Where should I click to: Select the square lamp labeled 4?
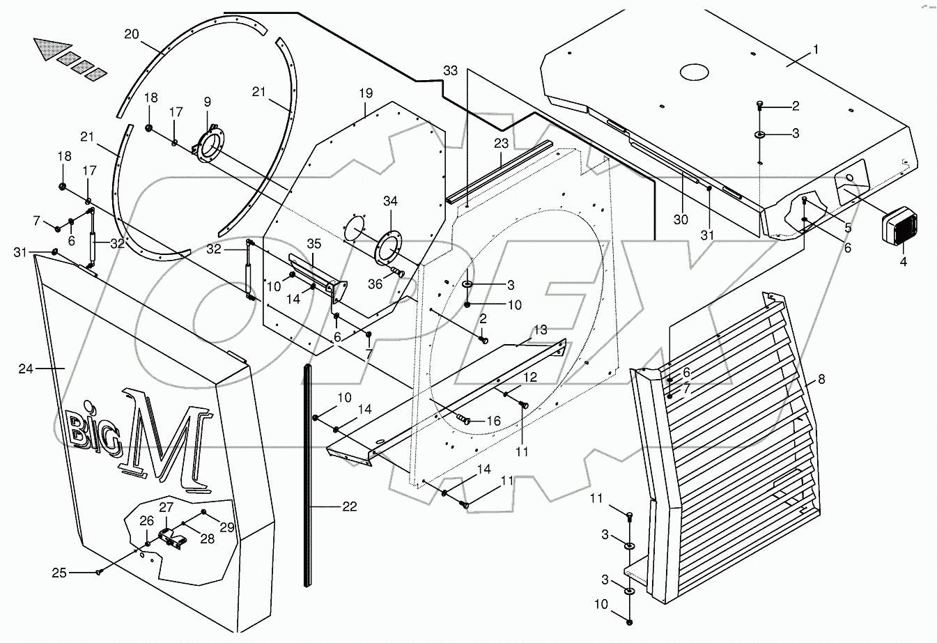(x=899, y=227)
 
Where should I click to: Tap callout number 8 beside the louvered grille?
(x=821, y=380)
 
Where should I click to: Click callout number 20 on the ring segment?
(x=132, y=33)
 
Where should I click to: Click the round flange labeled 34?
(x=389, y=249)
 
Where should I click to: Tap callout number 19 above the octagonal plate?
(x=366, y=93)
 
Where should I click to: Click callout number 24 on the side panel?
(x=26, y=369)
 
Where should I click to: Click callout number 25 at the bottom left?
(x=59, y=573)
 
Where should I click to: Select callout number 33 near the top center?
(x=451, y=70)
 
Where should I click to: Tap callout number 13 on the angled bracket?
(x=541, y=330)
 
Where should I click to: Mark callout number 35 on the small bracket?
(x=313, y=244)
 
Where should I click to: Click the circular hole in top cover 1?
(x=692, y=72)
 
